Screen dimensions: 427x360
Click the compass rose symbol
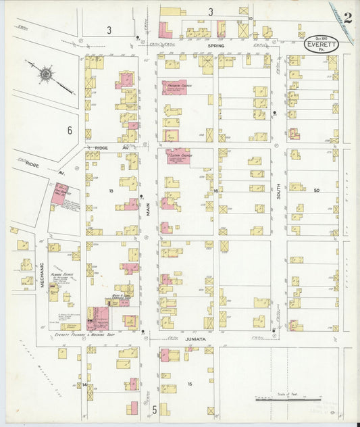(x=46, y=74)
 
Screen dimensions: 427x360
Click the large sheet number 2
(x=346, y=17)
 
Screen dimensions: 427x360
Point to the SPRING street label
(x=215, y=46)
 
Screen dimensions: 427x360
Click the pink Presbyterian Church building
(x=174, y=87)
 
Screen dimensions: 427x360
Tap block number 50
(x=315, y=191)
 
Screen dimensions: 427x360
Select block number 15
(x=190, y=384)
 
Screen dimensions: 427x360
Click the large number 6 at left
(x=69, y=129)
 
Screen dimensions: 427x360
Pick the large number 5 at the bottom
(x=155, y=409)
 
